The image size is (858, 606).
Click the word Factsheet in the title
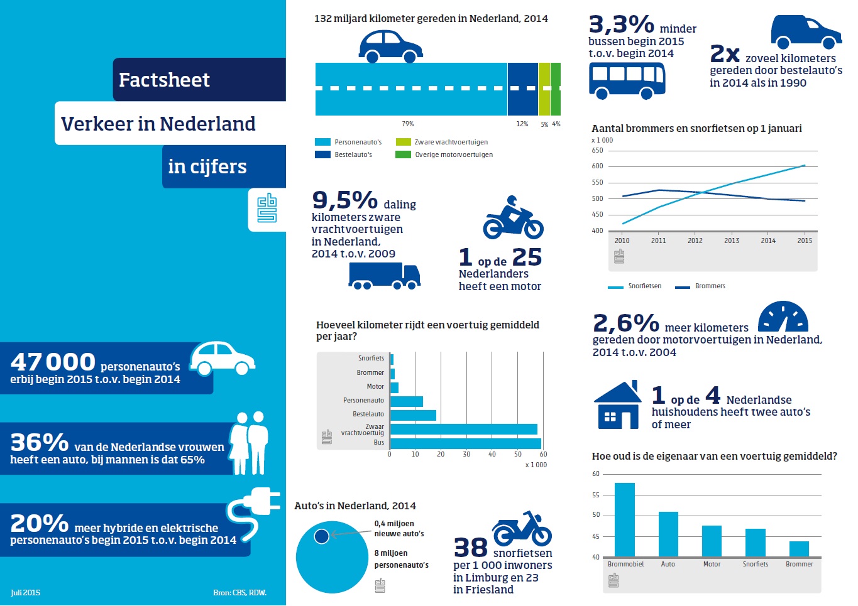tap(164, 80)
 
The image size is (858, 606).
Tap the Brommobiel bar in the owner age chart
tap(624, 519)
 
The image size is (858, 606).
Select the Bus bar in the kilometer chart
tap(465, 443)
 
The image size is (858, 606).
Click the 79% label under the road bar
tap(408, 124)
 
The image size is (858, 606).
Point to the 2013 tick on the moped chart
tap(732, 241)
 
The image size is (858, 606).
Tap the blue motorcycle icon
tap(513, 219)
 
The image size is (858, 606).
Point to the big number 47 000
tap(53, 362)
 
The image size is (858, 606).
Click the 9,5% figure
tap(344, 200)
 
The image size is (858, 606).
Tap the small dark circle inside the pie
tap(321, 536)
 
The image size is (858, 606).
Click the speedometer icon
tap(783, 317)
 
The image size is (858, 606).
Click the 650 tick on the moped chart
tap(597, 151)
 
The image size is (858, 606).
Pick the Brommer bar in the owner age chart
tap(799, 549)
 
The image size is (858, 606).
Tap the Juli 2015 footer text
tap(25, 593)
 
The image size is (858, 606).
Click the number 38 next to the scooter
tap(470, 548)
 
